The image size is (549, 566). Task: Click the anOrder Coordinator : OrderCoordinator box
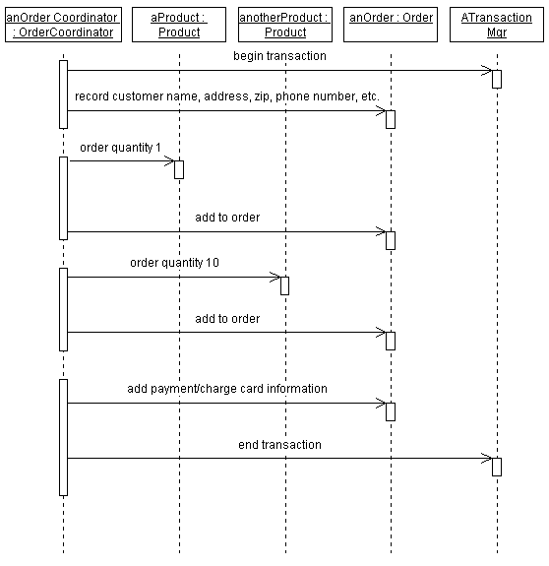click(63, 25)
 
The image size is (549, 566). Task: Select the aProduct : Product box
click(178, 25)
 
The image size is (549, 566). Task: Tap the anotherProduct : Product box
click(284, 25)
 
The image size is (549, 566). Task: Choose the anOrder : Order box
click(391, 18)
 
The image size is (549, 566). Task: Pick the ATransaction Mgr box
click(496, 25)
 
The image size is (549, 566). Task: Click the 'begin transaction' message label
click(279, 56)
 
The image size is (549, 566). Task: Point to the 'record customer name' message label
click(226, 96)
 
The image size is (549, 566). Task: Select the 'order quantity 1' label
click(120, 148)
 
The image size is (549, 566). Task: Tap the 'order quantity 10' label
click(175, 263)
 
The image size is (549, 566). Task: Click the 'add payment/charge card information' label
click(227, 389)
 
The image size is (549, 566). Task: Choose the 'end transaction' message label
click(279, 445)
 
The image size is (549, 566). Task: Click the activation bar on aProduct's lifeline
click(179, 169)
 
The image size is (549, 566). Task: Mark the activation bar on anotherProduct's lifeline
click(284, 285)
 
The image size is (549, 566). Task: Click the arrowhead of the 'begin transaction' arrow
click(487, 70)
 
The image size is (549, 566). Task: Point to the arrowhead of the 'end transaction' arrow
click(487, 458)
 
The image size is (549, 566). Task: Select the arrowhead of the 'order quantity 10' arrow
click(275, 277)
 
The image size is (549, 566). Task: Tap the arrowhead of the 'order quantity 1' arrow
click(170, 160)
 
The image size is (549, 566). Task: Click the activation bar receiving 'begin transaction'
click(497, 79)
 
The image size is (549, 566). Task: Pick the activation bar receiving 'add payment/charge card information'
click(391, 411)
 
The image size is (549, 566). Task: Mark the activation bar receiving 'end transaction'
click(497, 467)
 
